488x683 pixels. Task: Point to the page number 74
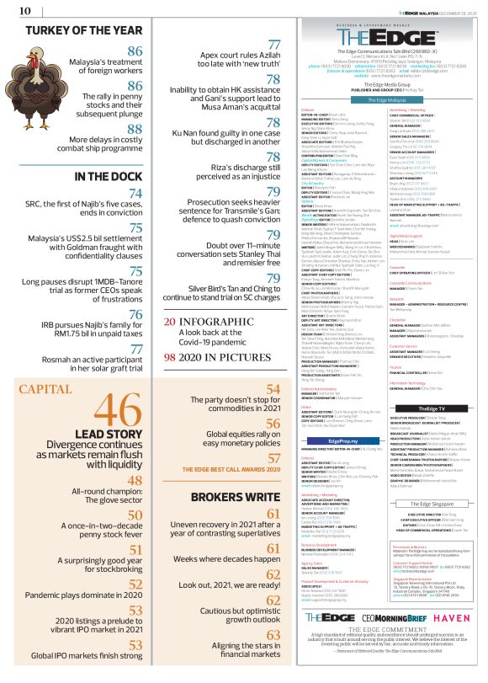(135, 193)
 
